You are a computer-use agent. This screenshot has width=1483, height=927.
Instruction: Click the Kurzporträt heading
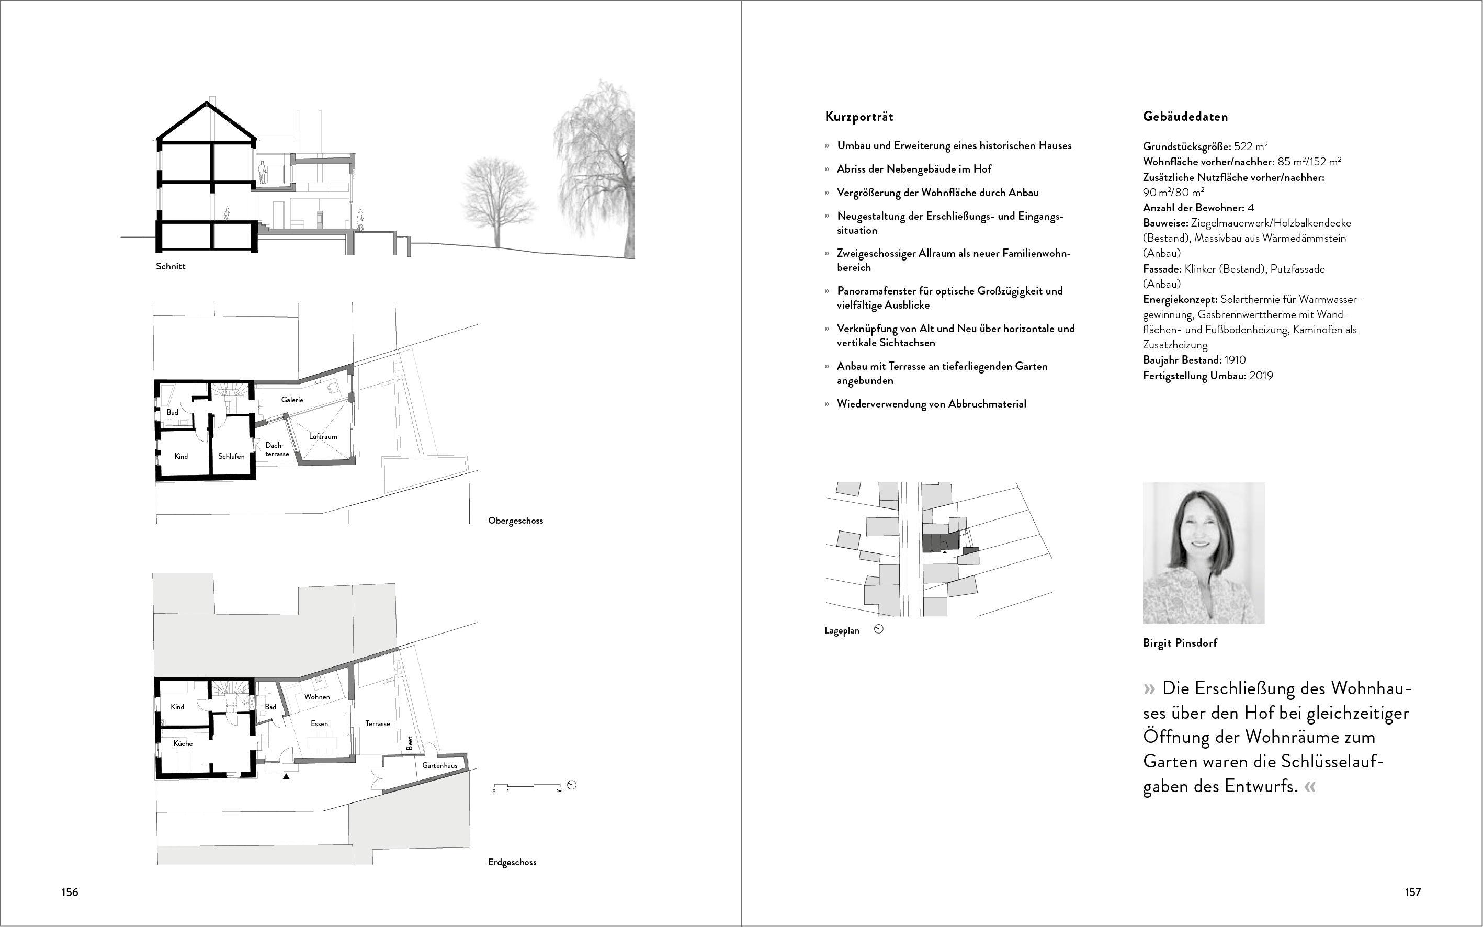coord(859,117)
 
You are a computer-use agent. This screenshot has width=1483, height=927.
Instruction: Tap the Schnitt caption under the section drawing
coord(171,267)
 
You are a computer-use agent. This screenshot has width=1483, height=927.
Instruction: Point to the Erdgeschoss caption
coord(513,862)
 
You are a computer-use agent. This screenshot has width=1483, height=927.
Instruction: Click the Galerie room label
coord(292,400)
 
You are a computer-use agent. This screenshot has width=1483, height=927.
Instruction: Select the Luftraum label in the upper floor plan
coord(323,436)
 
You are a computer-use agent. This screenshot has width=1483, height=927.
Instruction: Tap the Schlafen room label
coord(231,456)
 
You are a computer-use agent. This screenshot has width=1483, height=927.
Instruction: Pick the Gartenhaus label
coord(439,766)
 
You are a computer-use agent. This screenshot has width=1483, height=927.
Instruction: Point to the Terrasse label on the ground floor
coord(378,723)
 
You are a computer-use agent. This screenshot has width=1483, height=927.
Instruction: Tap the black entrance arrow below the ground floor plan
coord(286,776)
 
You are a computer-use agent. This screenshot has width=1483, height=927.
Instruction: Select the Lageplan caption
coord(842,630)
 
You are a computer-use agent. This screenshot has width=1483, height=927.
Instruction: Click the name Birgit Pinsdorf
coord(1180,642)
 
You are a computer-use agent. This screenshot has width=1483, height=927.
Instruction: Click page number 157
coord(1412,892)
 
